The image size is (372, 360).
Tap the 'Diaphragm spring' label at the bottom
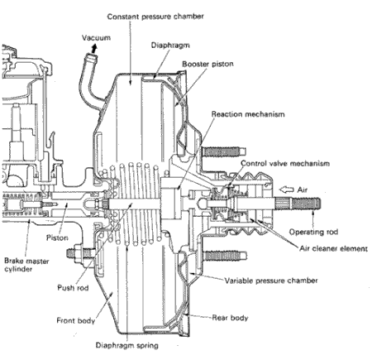[x=133, y=347]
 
